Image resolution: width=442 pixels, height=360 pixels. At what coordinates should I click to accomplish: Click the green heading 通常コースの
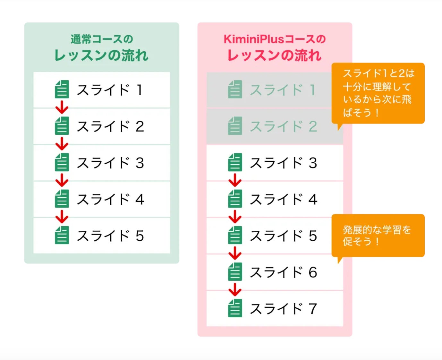pos(102,39)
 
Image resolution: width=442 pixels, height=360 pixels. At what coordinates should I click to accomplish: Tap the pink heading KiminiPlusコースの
pos(275,39)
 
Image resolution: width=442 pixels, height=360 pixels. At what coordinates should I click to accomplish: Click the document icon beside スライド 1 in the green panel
pos(62,89)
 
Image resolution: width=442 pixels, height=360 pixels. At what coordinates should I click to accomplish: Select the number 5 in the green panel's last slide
pos(140,236)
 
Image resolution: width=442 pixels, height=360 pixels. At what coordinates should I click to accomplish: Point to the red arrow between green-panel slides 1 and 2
pos(62,107)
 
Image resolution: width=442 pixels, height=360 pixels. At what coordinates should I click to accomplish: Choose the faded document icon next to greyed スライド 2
pos(235,126)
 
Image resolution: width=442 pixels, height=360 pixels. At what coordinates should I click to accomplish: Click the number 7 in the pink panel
pos(313,309)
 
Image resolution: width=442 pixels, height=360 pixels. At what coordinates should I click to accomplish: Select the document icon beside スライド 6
pos(235,272)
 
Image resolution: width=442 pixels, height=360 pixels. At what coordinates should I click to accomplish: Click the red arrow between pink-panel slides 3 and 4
pos(235,180)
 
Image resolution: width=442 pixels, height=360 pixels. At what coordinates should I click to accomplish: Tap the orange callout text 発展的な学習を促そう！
pos(377,235)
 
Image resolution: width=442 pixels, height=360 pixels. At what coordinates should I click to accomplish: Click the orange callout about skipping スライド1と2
pos(378,93)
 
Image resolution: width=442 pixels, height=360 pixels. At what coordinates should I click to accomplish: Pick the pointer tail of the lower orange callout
pos(340,260)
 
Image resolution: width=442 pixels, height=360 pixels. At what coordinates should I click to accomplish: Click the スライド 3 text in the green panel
pos(110,163)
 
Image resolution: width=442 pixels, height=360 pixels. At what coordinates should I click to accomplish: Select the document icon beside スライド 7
pos(235,308)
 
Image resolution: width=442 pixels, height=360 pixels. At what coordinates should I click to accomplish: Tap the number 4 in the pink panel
pos(313,200)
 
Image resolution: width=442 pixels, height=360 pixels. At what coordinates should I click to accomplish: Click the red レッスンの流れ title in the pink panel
pos(275,55)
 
